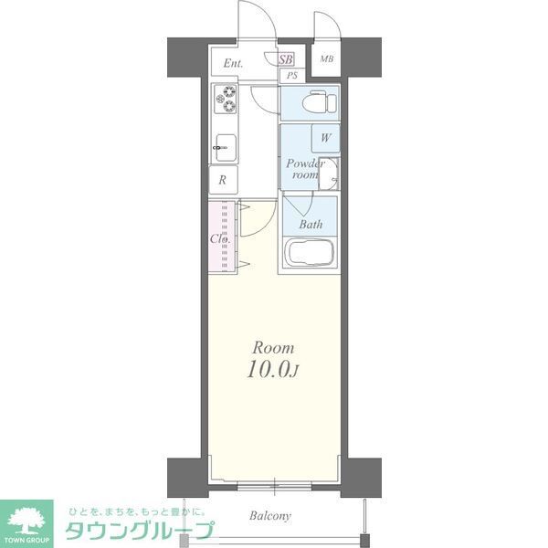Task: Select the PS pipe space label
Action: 290,76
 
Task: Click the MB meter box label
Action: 326,60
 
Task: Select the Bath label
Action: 311,224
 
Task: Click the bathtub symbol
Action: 311,252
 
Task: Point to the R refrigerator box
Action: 223,179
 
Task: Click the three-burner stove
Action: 224,99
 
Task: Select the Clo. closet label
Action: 219,239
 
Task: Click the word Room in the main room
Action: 272,348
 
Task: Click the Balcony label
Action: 270,516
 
